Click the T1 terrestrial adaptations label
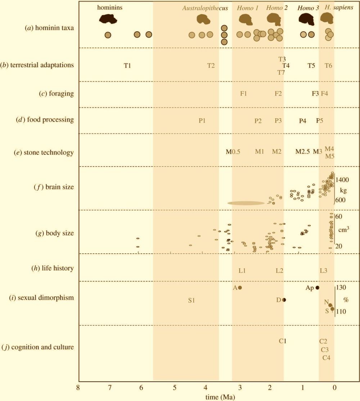pos(127,66)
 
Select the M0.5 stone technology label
pos(233,152)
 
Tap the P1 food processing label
pos(202,121)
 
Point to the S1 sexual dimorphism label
pos(191,300)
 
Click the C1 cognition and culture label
pos(283,341)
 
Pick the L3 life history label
pos(323,270)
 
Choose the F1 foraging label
pos(243,94)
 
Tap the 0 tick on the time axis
pos(334,388)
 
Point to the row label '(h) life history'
pos(53,268)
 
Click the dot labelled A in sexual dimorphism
pos(240,287)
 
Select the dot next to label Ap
pos(317,287)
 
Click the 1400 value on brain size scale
pos(342,179)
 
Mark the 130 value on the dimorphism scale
pos(341,288)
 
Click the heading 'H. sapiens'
pos(339,8)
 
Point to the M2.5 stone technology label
pos(302,152)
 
